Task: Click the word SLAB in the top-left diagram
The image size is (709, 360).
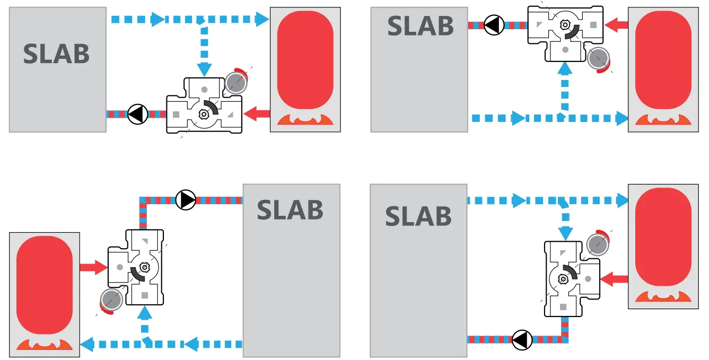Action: [56, 54]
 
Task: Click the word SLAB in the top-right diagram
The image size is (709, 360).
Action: [420, 26]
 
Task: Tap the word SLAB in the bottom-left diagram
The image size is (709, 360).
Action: [290, 210]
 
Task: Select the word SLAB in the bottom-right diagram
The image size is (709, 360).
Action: [418, 216]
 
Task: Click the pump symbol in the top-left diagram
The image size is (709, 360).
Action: [137, 113]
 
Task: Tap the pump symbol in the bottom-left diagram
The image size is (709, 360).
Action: [186, 199]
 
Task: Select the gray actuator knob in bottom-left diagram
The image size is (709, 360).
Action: [111, 300]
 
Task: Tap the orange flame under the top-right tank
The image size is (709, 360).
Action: [663, 120]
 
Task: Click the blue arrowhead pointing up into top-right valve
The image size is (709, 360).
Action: [565, 68]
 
